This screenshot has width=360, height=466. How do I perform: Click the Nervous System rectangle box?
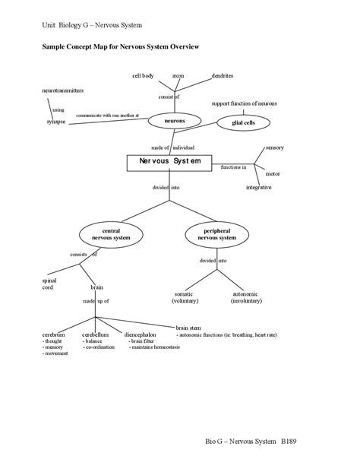(x=169, y=162)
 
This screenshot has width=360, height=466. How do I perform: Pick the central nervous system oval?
(x=111, y=233)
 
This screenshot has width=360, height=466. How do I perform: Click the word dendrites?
(x=223, y=76)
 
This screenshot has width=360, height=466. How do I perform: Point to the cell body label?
(x=143, y=76)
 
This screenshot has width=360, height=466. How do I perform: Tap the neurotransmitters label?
(x=62, y=90)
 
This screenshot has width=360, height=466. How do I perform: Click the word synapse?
(x=55, y=122)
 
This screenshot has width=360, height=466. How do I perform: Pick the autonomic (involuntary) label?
(x=246, y=297)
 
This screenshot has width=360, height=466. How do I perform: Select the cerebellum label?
(x=96, y=334)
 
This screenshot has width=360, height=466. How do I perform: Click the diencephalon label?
(x=141, y=334)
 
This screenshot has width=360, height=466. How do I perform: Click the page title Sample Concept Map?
(x=119, y=46)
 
